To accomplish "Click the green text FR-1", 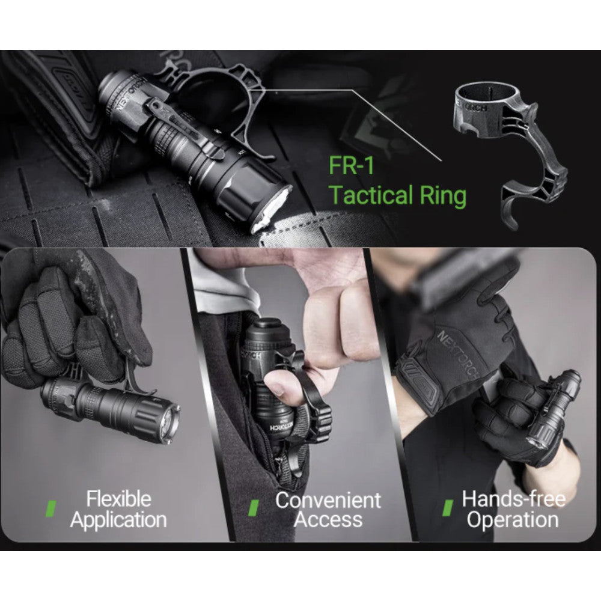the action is (x=351, y=166).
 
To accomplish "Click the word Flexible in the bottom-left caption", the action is (x=118, y=499).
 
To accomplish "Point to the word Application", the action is (x=118, y=520).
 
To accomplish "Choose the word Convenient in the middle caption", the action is (x=328, y=500).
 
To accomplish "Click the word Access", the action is (x=328, y=520).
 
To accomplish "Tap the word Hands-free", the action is (x=514, y=499).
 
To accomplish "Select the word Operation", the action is (x=513, y=520).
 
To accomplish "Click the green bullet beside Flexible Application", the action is (x=50, y=508).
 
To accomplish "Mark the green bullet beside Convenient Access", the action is (x=254, y=508).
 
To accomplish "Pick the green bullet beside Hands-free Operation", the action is (x=447, y=508).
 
